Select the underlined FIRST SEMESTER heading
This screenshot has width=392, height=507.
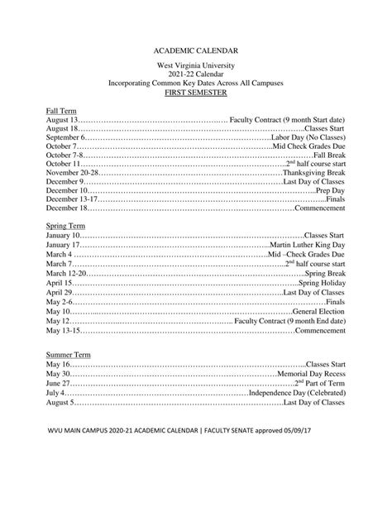(x=196, y=93)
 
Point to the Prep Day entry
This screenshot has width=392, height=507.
(x=331, y=190)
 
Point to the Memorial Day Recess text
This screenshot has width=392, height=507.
(x=311, y=374)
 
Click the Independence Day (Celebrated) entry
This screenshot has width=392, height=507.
(x=297, y=392)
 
